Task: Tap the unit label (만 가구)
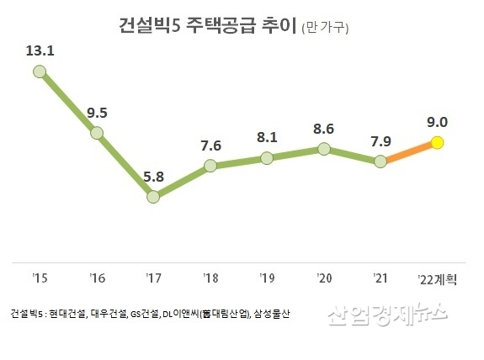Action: [325, 29]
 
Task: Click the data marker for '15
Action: [39, 72]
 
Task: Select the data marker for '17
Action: [153, 197]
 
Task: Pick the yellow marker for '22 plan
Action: [439, 143]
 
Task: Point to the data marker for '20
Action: [324, 150]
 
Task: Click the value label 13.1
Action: [40, 50]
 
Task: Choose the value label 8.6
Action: [324, 128]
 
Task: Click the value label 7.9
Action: [381, 139]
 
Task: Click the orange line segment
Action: [410, 152]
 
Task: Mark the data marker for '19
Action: [268, 158]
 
